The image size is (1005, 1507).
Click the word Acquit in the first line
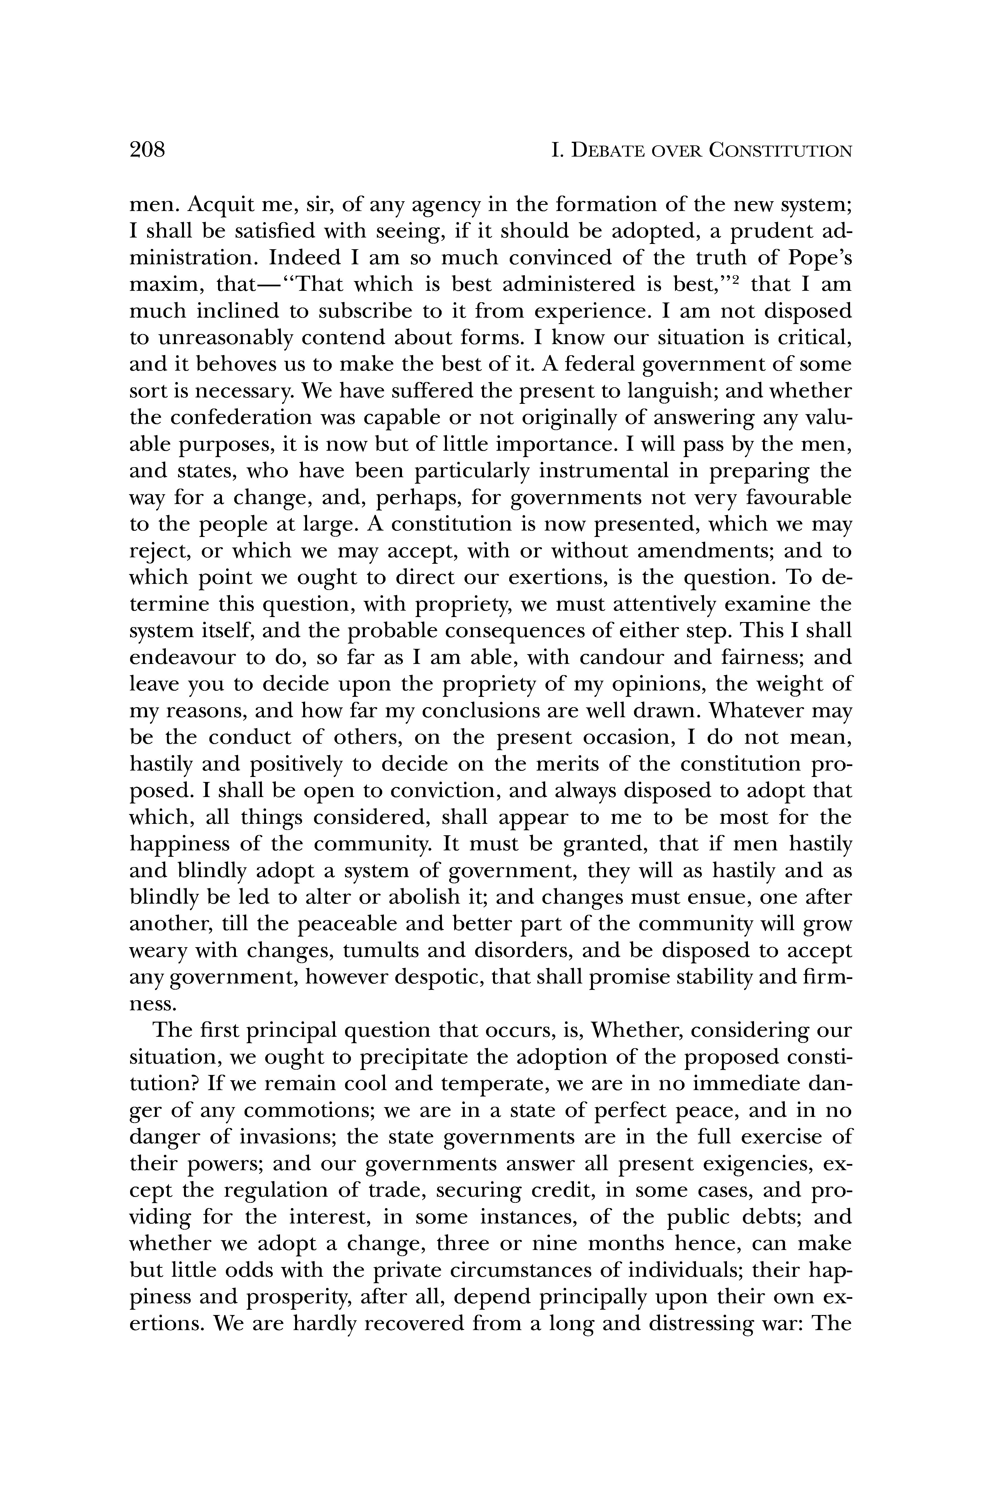pyautogui.click(x=220, y=205)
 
